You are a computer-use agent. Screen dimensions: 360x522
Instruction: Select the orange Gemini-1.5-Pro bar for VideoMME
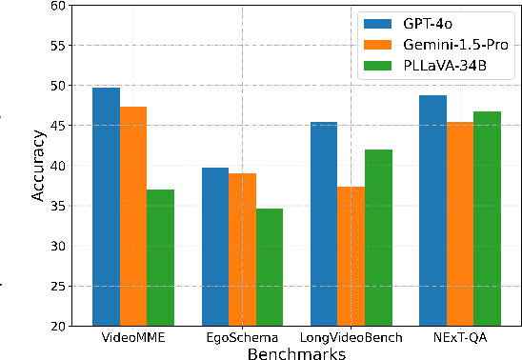pos(133,216)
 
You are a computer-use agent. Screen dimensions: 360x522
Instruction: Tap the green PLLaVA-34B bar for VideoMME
pos(160,257)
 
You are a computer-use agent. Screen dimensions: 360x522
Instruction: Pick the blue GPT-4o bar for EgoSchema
pos(215,247)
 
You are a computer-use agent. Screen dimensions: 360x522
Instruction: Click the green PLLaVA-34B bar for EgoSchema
pos(270,267)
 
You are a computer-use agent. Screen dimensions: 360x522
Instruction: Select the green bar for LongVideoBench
pos(378,237)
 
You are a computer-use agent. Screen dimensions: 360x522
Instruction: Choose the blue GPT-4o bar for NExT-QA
pos(433,210)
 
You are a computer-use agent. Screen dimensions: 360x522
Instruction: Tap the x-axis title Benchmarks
pos(296,353)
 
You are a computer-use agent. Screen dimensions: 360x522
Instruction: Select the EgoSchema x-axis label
pos(242,338)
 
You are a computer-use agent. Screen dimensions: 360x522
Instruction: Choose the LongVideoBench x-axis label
pos(351,338)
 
